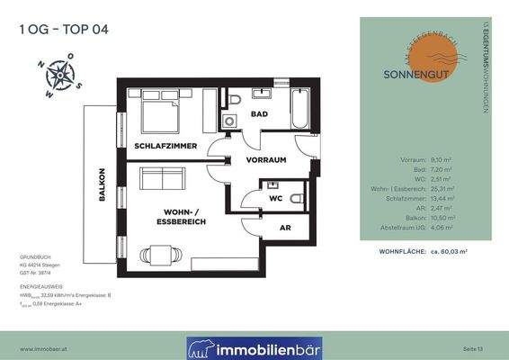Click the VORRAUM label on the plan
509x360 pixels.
(x=266, y=159)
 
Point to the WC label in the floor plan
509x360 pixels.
(x=277, y=197)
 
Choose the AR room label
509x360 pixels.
(x=286, y=229)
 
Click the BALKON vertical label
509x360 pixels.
(x=103, y=184)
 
